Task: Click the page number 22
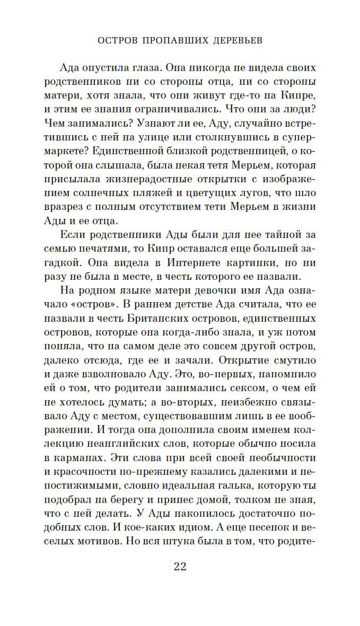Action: (180, 567)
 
